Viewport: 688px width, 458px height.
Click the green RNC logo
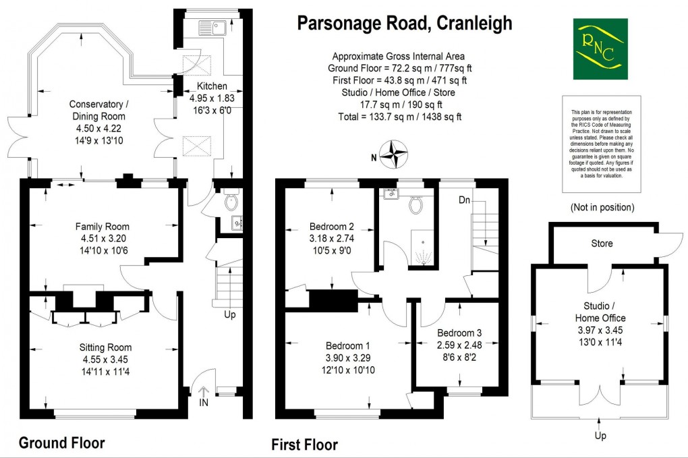599,49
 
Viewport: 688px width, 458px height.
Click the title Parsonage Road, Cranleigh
405,24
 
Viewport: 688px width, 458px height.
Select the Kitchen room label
211,86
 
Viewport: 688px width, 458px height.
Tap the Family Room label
102,227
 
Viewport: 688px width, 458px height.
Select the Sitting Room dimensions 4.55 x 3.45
103,359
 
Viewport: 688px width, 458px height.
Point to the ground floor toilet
231,200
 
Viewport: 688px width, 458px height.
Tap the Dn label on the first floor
465,200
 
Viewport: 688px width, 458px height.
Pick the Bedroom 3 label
459,333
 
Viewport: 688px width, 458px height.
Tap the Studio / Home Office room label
600,312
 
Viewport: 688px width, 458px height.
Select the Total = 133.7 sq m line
399,117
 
